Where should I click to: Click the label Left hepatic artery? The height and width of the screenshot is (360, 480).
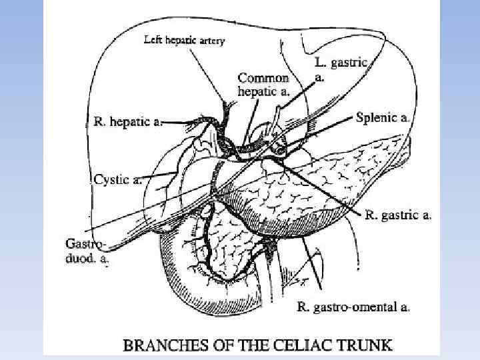click(185, 40)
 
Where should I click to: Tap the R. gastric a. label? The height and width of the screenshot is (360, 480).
click(399, 215)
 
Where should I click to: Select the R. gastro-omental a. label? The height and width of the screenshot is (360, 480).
click(353, 307)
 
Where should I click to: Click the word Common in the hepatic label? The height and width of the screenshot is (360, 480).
click(263, 77)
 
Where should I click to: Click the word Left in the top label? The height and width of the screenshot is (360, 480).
click(153, 40)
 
